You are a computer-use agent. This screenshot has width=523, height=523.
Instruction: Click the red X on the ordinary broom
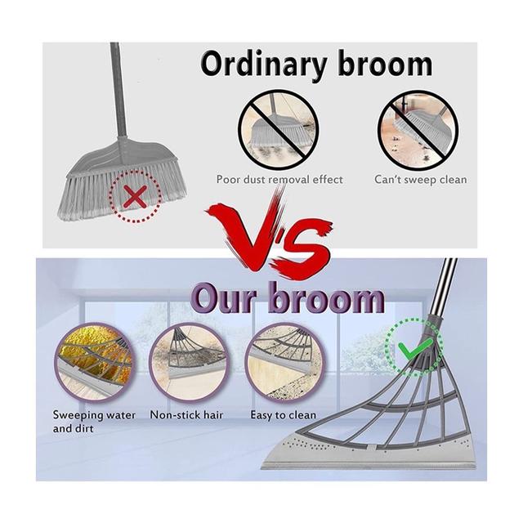[135, 197]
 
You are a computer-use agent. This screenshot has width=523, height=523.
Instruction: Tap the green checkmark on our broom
[415, 349]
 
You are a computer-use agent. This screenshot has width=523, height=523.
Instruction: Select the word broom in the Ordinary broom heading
[386, 65]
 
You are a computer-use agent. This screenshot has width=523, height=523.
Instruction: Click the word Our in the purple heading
[226, 297]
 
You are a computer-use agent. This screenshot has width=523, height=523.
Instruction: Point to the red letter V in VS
[248, 230]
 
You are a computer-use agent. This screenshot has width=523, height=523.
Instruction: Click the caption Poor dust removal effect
[279, 180]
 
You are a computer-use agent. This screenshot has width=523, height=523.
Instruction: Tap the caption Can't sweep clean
[421, 180]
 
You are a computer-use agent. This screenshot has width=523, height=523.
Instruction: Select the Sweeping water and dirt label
[94, 422]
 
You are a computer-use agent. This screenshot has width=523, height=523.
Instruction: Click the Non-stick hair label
[186, 415]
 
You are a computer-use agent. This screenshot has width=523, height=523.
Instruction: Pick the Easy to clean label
[284, 415]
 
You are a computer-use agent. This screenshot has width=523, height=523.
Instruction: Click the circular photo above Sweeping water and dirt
[95, 363]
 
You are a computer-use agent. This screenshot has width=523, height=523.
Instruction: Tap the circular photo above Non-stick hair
[190, 363]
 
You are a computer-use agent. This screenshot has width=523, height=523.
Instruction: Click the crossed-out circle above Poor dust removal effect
[279, 130]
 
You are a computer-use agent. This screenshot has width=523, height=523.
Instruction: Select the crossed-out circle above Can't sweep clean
[418, 130]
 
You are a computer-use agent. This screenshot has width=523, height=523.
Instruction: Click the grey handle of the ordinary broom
[118, 89]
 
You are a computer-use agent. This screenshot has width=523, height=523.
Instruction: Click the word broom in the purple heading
[327, 297]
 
